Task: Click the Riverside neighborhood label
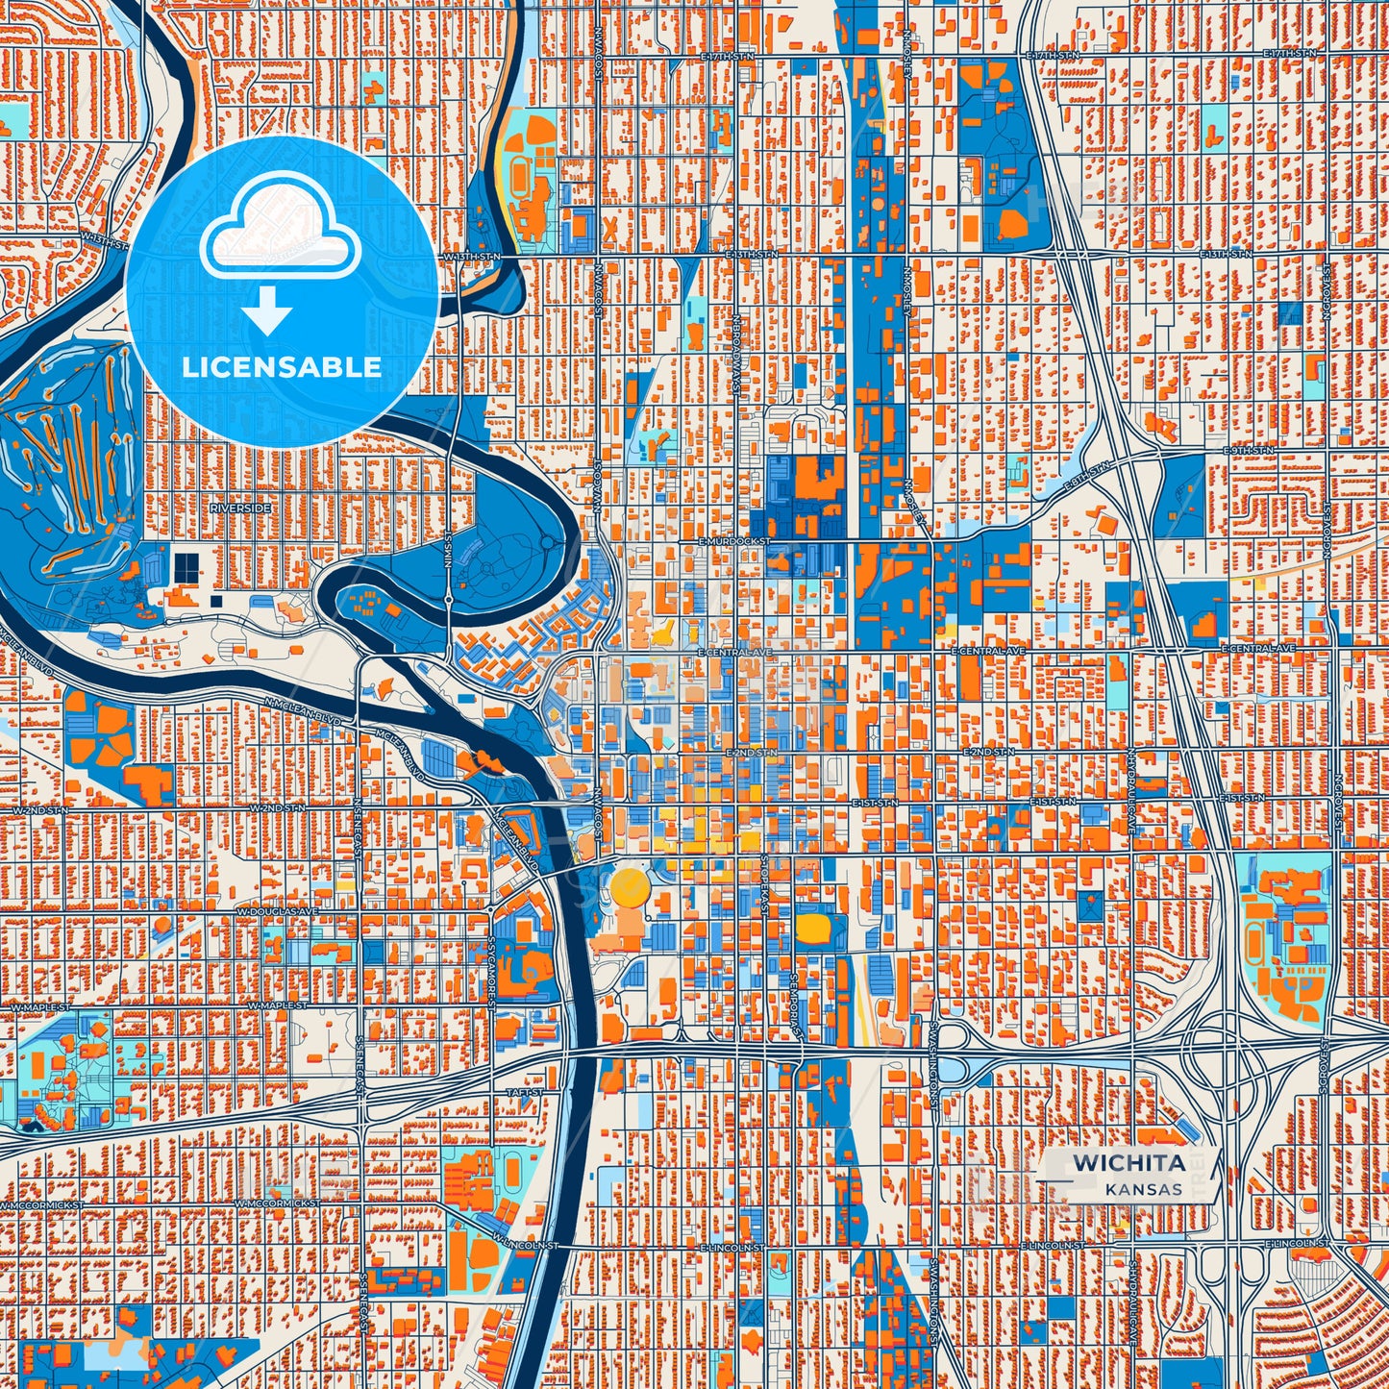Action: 243,508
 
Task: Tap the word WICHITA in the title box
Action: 1129,1162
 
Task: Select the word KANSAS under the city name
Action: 1143,1189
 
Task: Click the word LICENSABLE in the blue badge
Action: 282,367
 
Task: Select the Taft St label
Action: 524,1093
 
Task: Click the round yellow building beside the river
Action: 631,888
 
